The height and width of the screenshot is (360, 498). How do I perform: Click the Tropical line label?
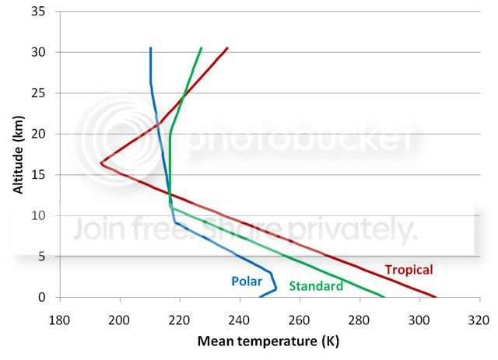coord(409,270)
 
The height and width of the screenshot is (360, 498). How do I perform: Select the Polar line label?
coord(247,281)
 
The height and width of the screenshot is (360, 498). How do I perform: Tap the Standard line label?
coord(316,286)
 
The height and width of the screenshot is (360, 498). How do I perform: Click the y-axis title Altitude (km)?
coord(19,155)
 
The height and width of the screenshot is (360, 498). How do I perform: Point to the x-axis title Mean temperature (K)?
coord(268,341)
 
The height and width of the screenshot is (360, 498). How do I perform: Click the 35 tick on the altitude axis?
coord(38,12)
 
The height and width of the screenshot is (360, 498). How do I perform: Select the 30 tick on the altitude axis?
coord(38,52)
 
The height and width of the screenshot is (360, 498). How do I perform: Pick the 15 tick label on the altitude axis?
coord(38,175)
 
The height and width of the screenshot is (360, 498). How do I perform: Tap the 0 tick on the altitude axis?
coord(42,298)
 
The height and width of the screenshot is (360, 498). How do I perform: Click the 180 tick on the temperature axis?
coord(60,320)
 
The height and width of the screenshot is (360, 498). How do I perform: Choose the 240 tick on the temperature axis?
coord(240,320)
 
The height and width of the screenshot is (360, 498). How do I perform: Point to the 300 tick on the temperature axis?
coord(419,320)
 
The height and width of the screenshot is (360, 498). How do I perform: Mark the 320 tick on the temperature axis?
coord(479,320)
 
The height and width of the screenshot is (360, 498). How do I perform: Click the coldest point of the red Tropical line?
coord(101,163)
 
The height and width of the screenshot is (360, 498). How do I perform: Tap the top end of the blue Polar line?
coord(150,48)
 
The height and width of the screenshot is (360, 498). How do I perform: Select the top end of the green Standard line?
coord(201,48)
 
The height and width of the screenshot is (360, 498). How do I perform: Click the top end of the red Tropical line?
coord(227,48)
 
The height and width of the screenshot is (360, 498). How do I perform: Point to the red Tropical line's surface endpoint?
coord(436,297)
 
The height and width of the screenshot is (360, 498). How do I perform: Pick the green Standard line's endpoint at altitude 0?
coord(384,297)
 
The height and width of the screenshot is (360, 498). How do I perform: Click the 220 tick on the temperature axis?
coord(180,320)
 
